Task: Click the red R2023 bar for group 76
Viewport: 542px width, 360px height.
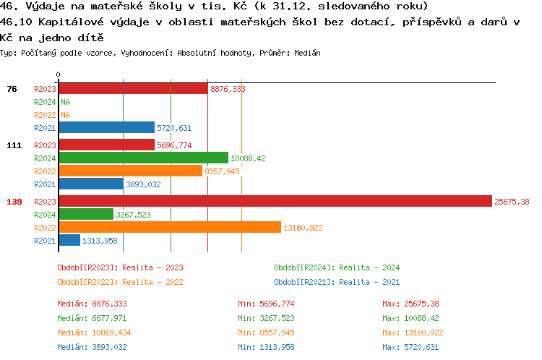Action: (133, 89)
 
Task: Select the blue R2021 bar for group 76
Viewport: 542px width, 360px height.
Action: (106, 128)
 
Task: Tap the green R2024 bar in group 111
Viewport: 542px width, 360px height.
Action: (143, 158)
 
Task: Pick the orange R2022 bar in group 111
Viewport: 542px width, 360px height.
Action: (130, 171)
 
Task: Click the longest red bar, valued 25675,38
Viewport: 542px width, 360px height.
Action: (275, 202)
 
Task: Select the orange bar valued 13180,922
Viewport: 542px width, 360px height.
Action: (169, 227)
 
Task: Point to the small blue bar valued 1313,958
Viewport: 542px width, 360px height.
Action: (69, 240)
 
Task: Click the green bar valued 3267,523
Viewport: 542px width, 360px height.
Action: (85, 215)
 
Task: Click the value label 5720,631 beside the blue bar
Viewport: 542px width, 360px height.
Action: (174, 128)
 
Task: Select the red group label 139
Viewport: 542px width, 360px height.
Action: (14, 202)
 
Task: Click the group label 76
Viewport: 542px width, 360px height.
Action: (12, 89)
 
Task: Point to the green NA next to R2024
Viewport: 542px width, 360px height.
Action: (65, 102)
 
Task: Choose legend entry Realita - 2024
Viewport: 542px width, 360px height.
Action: (337, 267)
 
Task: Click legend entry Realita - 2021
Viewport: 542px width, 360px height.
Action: (337, 282)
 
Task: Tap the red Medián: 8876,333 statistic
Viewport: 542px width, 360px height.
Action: (92, 304)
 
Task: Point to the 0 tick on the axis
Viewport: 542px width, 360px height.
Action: (58, 74)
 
